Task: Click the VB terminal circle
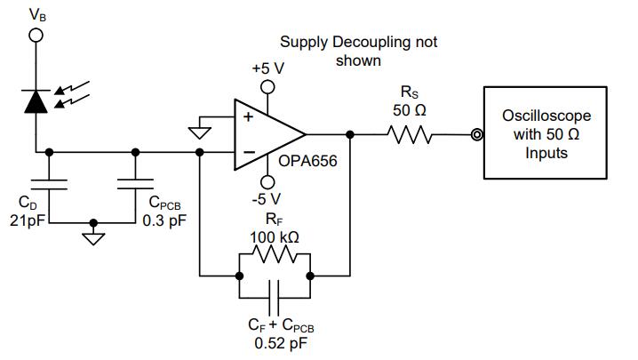(36, 36)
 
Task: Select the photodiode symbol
(36, 101)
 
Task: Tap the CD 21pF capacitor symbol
(49, 185)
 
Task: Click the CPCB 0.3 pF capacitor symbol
(135, 184)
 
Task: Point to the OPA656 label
(307, 161)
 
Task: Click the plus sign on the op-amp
(248, 117)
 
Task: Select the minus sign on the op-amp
(249, 152)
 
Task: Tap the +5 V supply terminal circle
(267, 87)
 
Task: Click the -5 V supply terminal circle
(267, 182)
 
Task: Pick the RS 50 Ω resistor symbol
(409, 134)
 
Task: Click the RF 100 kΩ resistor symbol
(275, 254)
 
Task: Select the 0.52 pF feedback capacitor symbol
(275, 298)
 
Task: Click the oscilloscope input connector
(477, 134)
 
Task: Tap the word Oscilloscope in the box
(546, 116)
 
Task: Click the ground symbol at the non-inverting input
(199, 132)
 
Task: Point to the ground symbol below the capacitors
(93, 238)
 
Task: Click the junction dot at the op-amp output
(349, 134)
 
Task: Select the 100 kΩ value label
(275, 237)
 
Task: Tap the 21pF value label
(28, 220)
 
